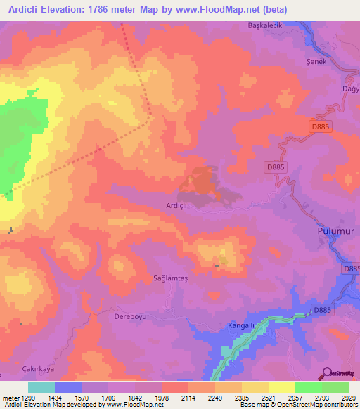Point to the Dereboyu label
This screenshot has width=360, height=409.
pyautogui.click(x=129, y=316)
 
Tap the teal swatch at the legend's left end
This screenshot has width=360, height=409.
pyautogui.click(x=41, y=387)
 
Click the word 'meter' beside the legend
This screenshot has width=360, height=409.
pyautogui.click(x=11, y=397)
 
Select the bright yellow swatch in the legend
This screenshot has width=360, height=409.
pyautogui.click(x=281, y=387)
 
